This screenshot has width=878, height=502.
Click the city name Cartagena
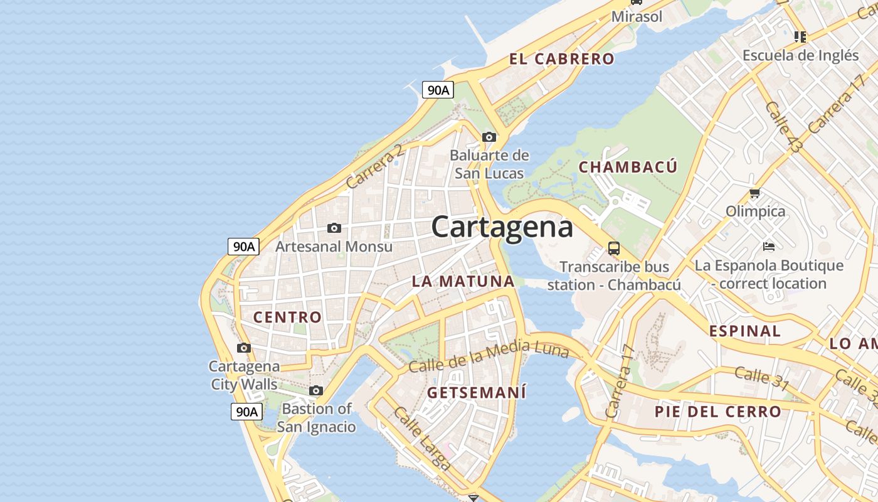coord(502,227)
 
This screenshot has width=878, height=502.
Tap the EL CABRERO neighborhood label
coord(561,59)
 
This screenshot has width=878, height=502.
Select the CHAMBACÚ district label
coord(628,167)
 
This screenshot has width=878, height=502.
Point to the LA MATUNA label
coord(463,281)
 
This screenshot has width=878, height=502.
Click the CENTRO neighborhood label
coord(287,317)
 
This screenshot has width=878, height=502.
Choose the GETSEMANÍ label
coord(477,393)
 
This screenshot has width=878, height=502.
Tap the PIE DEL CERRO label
coord(718,412)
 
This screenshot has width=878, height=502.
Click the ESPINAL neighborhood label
coord(745,331)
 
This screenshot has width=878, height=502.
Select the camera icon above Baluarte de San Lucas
coord(489,137)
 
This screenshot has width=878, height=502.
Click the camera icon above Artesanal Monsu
coord(334,228)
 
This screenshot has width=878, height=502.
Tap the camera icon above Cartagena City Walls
coord(244,348)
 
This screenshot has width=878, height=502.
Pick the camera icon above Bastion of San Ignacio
coord(316,390)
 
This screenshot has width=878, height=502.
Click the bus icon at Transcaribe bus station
coord(614,248)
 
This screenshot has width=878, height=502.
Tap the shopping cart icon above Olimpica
coord(755,193)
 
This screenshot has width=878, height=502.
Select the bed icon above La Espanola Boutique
coord(769,246)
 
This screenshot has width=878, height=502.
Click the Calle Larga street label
coord(421,438)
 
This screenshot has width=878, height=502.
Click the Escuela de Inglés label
coord(800,55)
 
